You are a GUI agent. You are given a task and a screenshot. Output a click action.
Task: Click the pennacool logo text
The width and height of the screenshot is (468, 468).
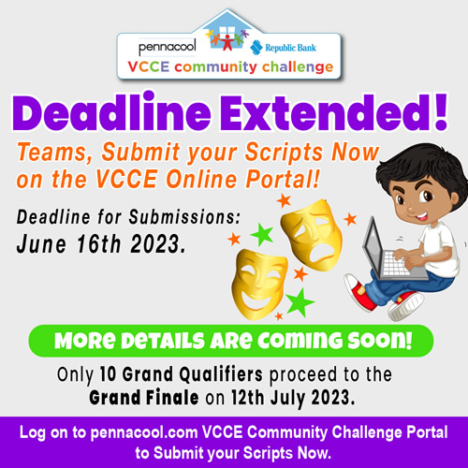[x=168, y=48]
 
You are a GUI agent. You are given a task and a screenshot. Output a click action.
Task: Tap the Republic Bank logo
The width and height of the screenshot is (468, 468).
[x=283, y=48]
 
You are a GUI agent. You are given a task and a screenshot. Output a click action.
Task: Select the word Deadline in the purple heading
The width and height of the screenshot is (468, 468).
[x=111, y=112]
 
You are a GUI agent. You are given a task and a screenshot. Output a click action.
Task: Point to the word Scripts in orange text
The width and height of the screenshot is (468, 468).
[x=284, y=153]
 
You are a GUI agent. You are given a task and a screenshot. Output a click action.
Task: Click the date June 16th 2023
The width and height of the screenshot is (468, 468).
[x=101, y=243]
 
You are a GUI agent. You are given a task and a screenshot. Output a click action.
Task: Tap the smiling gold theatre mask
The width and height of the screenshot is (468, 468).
[x=259, y=284]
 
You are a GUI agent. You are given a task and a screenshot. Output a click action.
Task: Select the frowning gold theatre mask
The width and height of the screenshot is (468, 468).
[x=312, y=234]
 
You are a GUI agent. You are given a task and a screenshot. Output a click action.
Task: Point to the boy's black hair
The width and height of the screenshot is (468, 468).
[x=421, y=166]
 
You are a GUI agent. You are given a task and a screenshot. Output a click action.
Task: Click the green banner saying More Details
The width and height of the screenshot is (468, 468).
[x=231, y=341]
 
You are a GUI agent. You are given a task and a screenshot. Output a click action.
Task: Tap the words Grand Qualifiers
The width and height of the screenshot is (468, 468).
[x=182, y=374]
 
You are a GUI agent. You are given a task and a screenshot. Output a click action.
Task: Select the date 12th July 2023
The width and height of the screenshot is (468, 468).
[x=293, y=398]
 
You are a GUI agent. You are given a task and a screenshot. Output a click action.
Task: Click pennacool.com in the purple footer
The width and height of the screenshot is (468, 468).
[x=144, y=432]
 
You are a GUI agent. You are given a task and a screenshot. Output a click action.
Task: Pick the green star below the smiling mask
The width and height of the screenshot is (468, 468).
[x=300, y=302]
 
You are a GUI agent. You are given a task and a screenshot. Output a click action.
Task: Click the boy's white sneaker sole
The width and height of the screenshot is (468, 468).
[x=406, y=307]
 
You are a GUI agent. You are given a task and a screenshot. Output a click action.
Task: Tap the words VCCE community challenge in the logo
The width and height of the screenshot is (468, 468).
[x=230, y=67]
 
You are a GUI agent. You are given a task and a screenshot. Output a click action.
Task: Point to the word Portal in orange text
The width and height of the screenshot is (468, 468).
[x=284, y=179]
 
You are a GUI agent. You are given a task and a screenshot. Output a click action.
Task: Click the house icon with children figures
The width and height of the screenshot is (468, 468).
[x=227, y=32]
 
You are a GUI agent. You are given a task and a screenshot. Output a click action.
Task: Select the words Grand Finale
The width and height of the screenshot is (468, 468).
[x=144, y=398]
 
